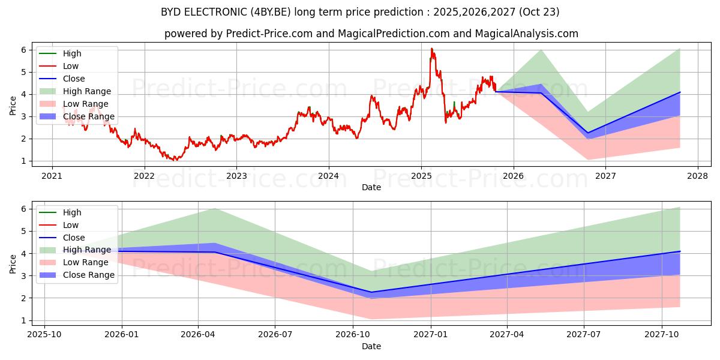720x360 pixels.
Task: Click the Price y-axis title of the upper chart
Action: point(13,105)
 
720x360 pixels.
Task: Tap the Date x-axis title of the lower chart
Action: point(371,346)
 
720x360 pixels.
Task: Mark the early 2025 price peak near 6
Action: point(431,49)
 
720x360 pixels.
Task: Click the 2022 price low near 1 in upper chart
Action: point(175,160)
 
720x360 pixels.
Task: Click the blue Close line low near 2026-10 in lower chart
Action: point(371,292)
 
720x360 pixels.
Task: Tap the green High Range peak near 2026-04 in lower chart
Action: point(215,208)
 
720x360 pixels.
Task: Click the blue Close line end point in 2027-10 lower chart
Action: point(680,251)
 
